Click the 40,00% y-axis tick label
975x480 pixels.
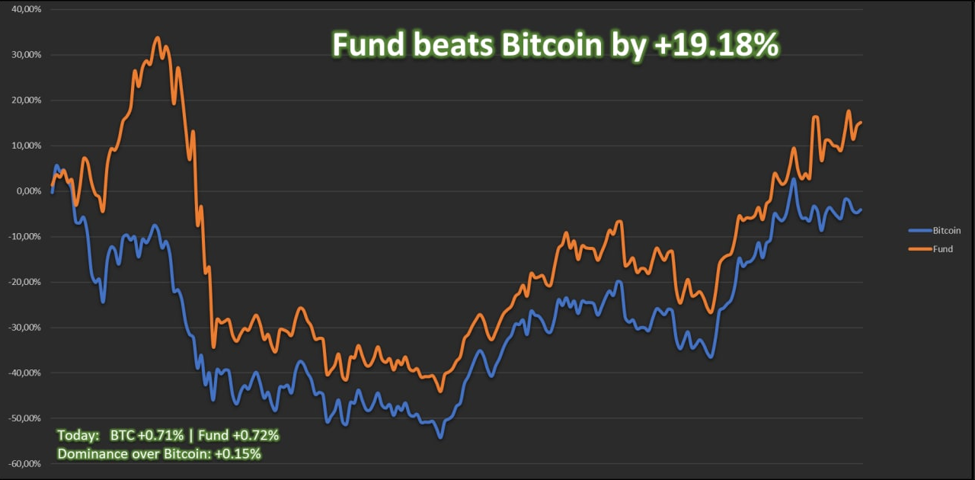[26, 9]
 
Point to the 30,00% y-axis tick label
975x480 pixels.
[26, 55]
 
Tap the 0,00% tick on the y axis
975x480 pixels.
[28, 191]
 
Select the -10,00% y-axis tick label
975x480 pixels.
[24, 236]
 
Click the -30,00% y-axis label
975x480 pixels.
[24, 328]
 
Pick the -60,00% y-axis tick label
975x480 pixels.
[24, 463]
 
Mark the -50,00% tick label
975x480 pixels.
[24, 418]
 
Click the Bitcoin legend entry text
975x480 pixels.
[947, 230]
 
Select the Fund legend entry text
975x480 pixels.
[942, 249]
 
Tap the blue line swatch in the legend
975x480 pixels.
[919, 230]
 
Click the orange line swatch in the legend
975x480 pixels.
[919, 249]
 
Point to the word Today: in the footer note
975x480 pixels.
[78, 436]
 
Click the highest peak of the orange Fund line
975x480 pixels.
[158, 37]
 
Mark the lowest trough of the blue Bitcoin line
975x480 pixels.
[440, 437]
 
